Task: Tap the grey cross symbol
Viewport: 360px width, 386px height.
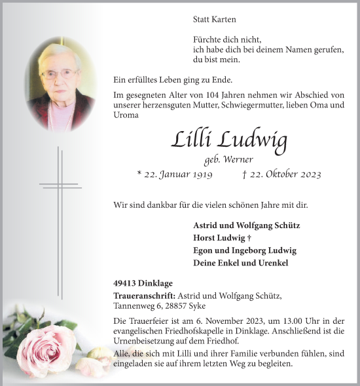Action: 60,187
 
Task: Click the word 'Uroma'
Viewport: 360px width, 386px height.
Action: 126,115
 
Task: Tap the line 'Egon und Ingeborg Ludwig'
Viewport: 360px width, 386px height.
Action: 245,250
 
